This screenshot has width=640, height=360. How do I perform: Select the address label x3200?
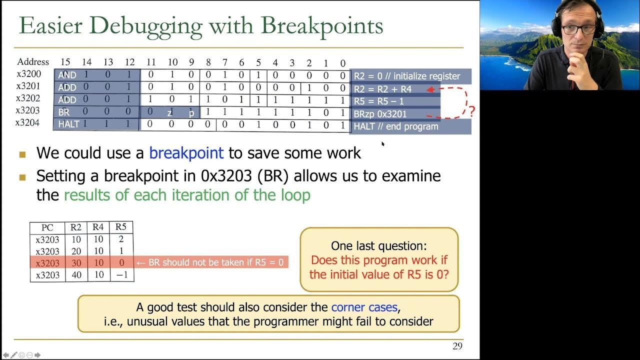[x=28, y=74]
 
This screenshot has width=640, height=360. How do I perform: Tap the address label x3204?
[x=28, y=123]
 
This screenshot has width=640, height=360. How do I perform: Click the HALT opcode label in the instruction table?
[x=68, y=124]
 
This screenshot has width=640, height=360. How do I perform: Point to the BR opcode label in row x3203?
[x=64, y=112]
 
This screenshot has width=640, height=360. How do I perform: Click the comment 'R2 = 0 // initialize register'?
[x=406, y=76]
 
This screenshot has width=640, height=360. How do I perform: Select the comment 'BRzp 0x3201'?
[x=380, y=114]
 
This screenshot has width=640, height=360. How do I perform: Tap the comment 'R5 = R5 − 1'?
[x=379, y=101]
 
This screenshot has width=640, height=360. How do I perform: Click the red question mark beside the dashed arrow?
[x=471, y=111]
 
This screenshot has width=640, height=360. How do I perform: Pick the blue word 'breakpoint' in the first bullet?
[x=186, y=153]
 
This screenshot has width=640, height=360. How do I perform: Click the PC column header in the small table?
[x=47, y=228]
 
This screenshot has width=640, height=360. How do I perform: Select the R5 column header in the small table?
[x=121, y=227]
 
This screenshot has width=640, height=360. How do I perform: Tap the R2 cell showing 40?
[x=76, y=275]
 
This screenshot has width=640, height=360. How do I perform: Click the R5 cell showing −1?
[x=121, y=275]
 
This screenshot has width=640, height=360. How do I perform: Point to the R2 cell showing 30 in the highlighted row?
[x=76, y=263]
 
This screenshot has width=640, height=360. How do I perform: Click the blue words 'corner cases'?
[x=364, y=307]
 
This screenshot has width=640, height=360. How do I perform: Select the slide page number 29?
[x=457, y=346]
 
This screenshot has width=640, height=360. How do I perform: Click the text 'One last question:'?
[x=379, y=246]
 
